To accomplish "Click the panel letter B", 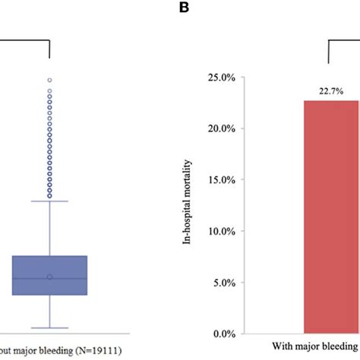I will (x=184, y=7).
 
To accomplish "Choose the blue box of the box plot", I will (x=49, y=275).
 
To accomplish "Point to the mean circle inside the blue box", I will (x=49, y=277).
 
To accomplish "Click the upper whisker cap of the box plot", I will (x=49, y=201).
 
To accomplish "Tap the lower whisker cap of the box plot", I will (x=49, y=328).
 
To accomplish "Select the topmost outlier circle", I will (x=49, y=80).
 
